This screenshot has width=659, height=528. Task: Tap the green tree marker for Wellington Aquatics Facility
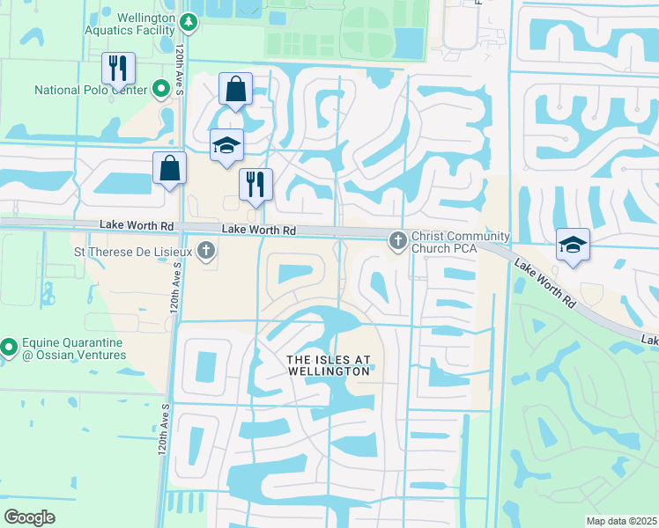(188, 20)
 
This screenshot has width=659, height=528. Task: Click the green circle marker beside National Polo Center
(161, 89)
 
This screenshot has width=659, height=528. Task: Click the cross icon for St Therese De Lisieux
(205, 252)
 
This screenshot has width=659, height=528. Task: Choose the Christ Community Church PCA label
(461, 242)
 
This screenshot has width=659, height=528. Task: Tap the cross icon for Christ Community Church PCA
(398, 238)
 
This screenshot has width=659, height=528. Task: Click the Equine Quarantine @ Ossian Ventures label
(74, 348)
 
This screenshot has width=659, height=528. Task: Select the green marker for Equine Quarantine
(8, 348)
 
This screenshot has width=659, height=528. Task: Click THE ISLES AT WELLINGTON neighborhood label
(329, 365)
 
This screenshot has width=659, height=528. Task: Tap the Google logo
(29, 517)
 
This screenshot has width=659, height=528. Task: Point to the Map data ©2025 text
(621, 521)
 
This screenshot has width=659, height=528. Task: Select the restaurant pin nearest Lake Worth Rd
(255, 184)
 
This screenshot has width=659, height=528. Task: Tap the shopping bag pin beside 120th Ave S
(169, 167)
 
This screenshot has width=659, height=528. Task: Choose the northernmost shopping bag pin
(235, 88)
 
